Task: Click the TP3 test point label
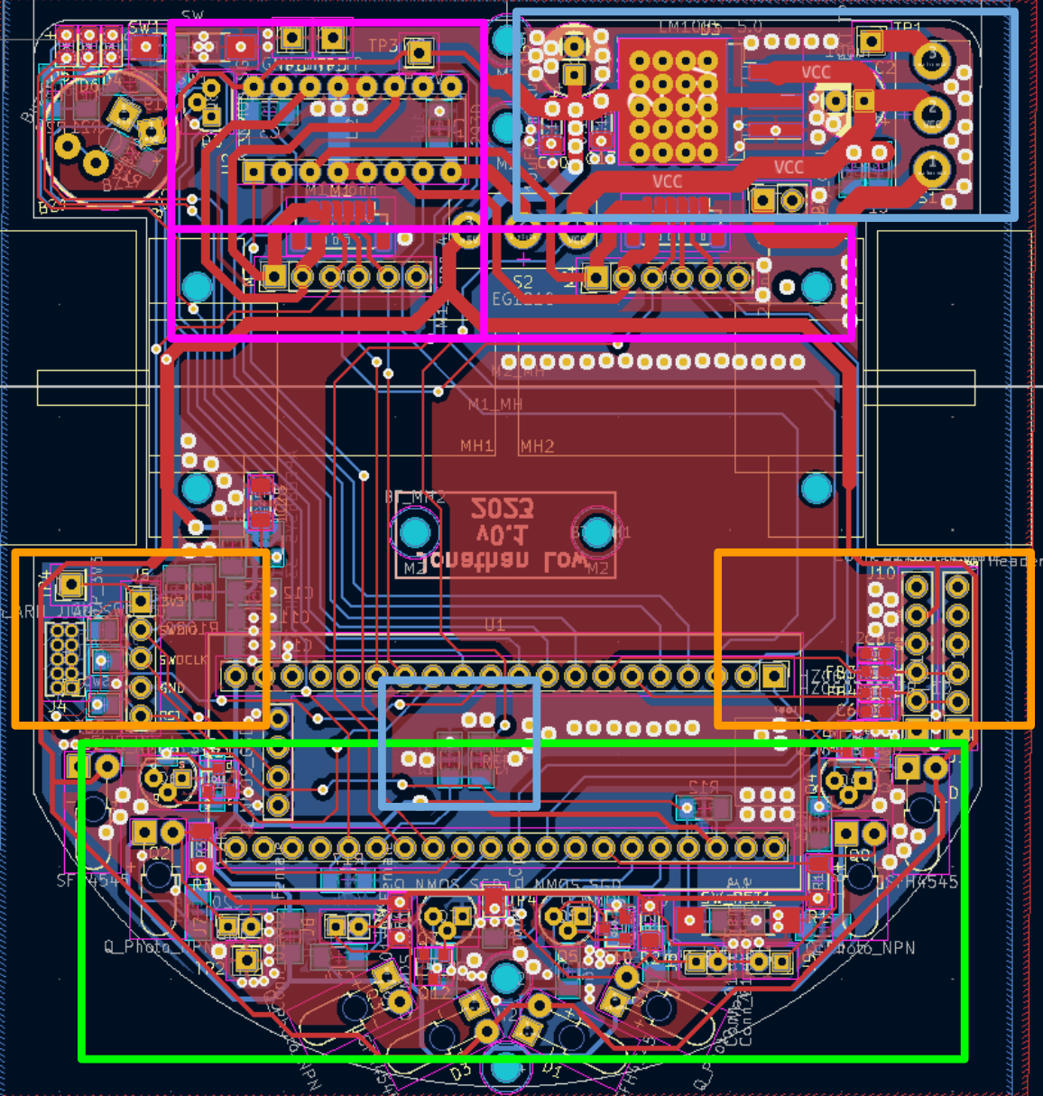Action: (x=383, y=45)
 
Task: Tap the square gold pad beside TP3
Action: (x=418, y=52)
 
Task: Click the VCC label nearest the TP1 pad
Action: (x=816, y=72)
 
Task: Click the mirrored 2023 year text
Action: (x=503, y=510)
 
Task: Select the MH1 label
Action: (x=476, y=446)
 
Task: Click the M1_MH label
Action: (x=494, y=405)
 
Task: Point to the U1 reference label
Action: (x=494, y=624)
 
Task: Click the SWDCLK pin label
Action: (x=183, y=660)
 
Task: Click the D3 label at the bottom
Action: (x=460, y=1073)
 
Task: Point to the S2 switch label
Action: (x=523, y=282)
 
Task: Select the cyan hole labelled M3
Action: (x=416, y=532)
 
